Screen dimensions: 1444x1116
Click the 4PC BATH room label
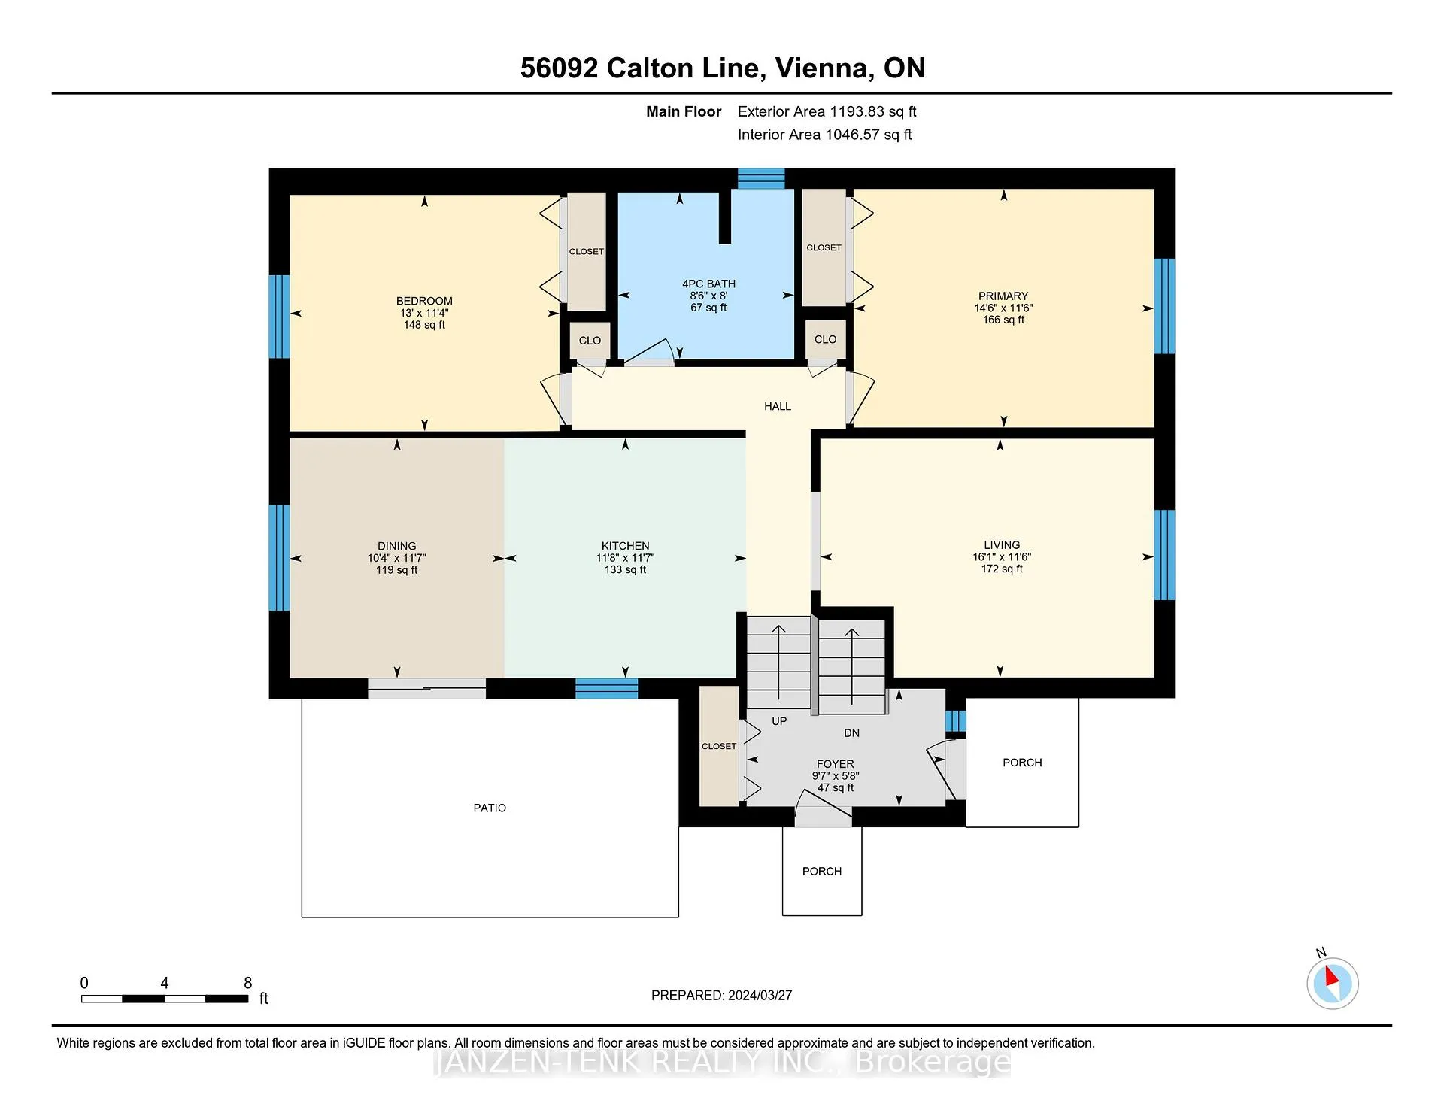pos(708,284)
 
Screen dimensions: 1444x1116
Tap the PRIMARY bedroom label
pos(1003,296)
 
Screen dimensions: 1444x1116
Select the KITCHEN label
pos(625,546)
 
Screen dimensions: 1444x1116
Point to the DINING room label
pos(396,546)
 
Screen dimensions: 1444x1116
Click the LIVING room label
pos(1002,544)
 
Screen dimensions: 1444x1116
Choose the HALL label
pos(778,406)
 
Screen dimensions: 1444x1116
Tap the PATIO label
pos(490,808)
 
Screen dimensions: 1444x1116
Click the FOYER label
pos(835,763)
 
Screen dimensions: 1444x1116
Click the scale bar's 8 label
pos(247,983)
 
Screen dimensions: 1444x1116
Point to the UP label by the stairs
pos(779,721)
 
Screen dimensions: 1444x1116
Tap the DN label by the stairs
pos(851,732)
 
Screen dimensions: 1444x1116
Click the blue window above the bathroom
pos(761,178)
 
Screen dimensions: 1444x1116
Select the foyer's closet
pos(719,746)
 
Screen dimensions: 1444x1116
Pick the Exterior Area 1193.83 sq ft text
pos(827,111)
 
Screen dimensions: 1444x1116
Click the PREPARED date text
pos(721,995)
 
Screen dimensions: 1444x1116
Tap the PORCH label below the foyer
pos(821,871)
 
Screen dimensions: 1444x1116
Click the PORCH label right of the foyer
pos(1022,763)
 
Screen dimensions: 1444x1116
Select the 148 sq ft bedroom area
pos(424,325)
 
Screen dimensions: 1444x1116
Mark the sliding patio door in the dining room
pos(426,688)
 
